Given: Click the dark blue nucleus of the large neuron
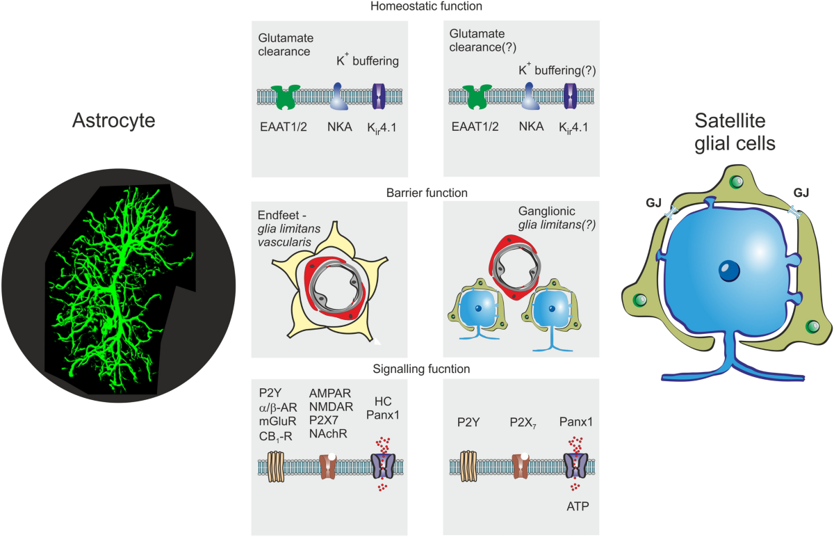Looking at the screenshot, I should [726, 270].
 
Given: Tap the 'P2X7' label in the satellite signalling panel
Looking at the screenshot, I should [521, 422].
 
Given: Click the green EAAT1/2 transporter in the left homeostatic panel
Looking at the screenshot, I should [286, 97].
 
